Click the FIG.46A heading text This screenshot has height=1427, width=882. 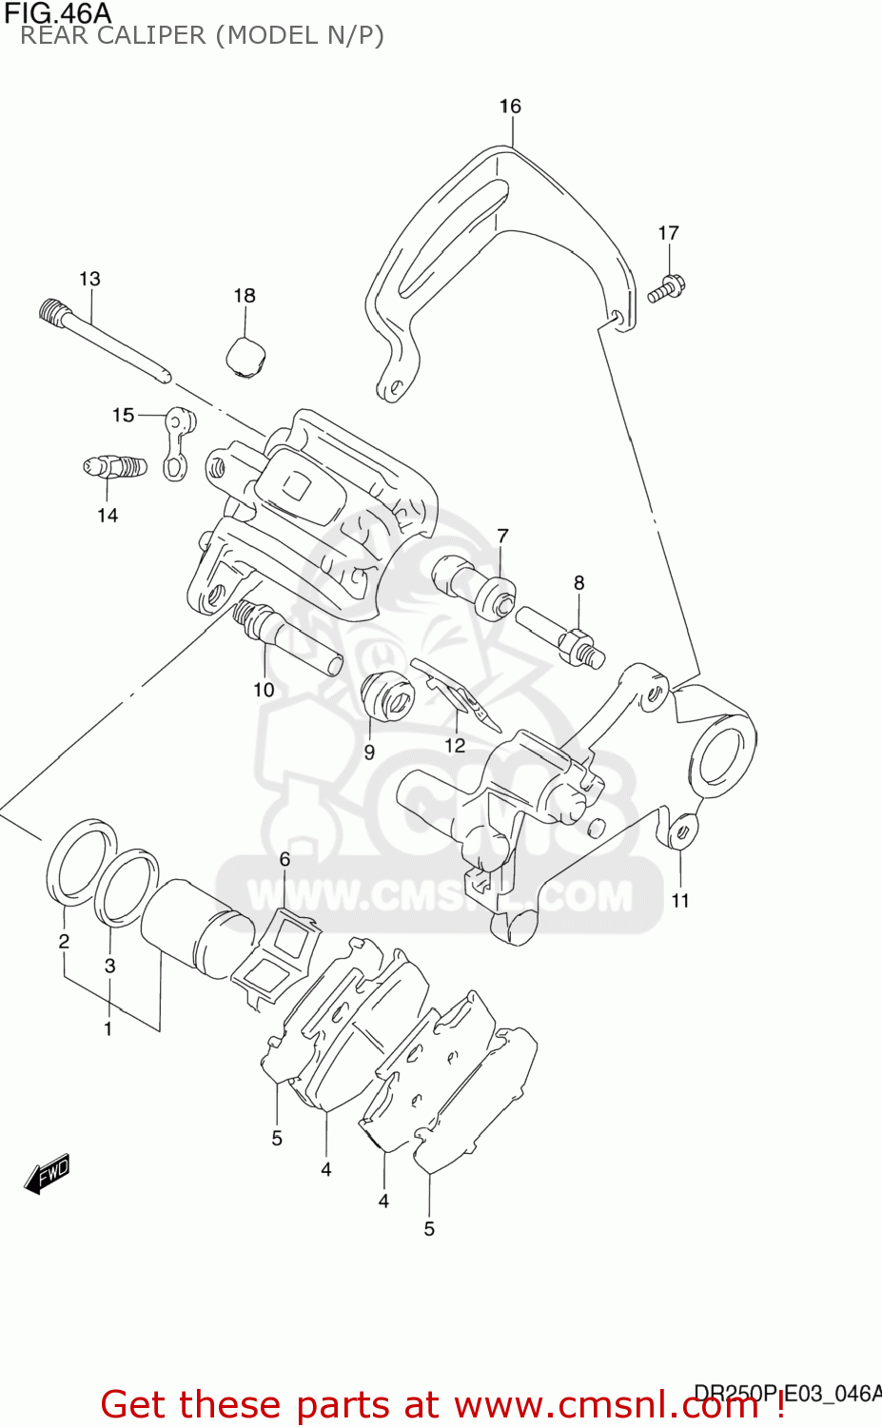click(57, 13)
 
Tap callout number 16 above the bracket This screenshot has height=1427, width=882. click(510, 106)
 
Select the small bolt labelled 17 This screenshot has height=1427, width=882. click(668, 286)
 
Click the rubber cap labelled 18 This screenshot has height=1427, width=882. click(245, 357)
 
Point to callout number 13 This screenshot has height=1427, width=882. click(89, 279)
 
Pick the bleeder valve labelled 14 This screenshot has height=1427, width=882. click(114, 468)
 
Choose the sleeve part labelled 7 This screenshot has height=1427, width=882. click(475, 583)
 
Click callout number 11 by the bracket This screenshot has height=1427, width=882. click(680, 900)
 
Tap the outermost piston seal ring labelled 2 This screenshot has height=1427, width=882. click(80, 858)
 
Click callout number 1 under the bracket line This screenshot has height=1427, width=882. click(108, 1028)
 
